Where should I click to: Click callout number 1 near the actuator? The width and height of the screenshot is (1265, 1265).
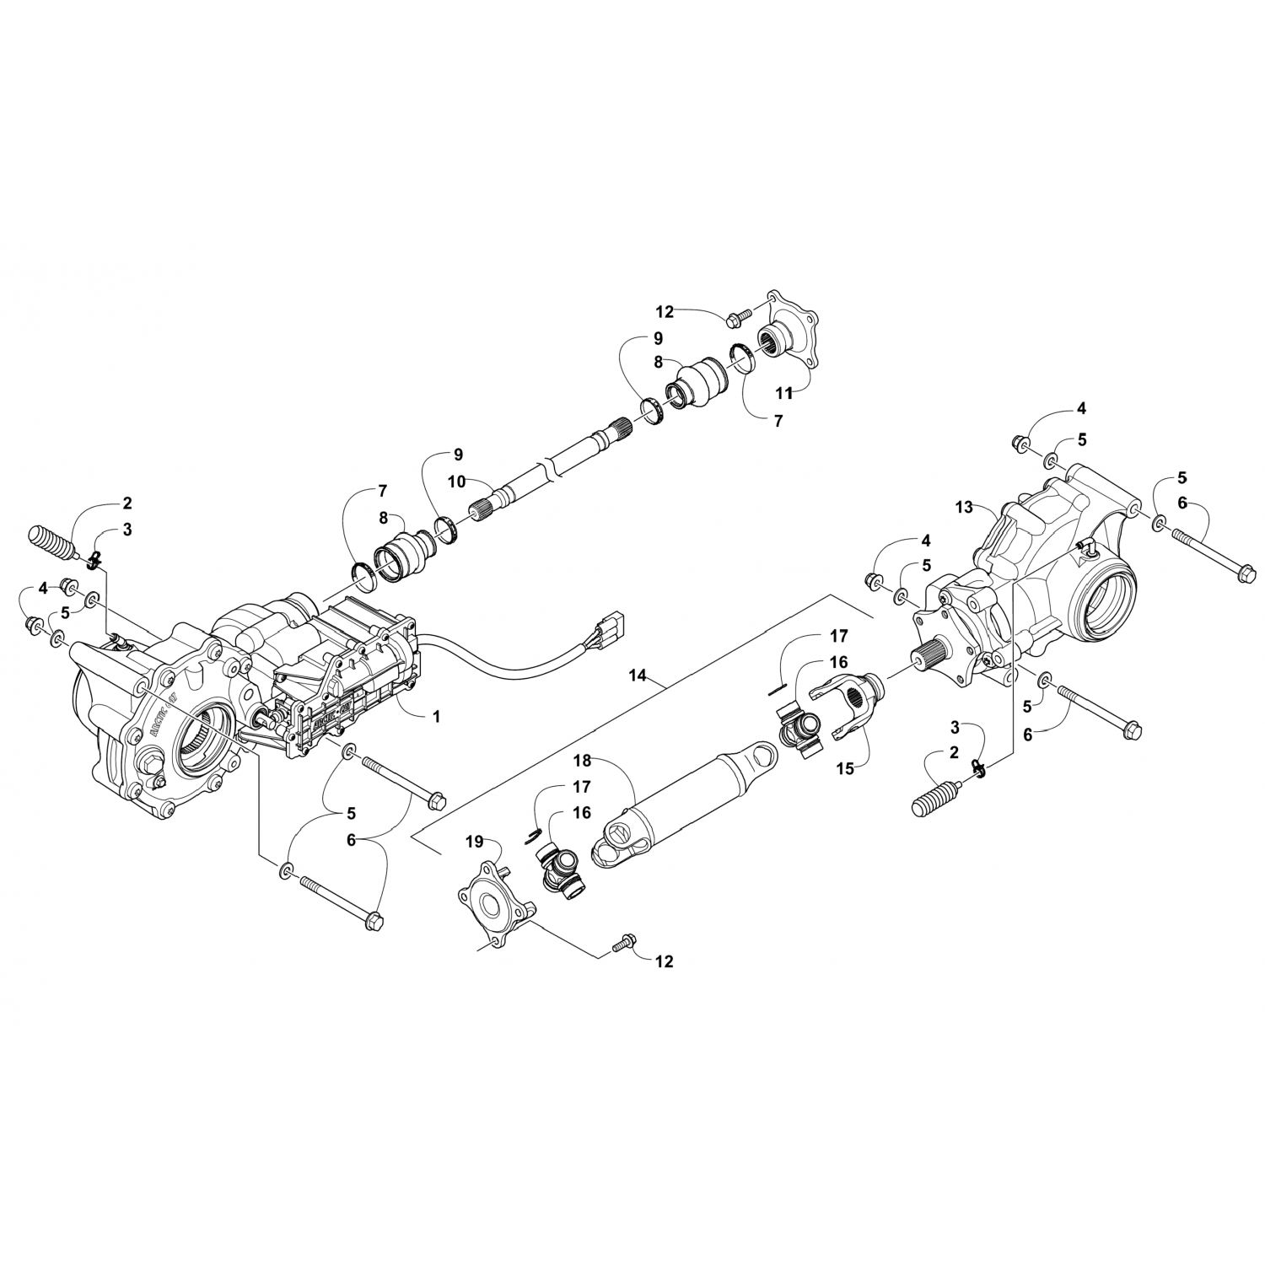coord(436,716)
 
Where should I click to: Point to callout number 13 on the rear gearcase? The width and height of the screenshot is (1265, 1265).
coord(965,507)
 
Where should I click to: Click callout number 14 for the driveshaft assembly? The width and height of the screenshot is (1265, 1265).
coord(638,675)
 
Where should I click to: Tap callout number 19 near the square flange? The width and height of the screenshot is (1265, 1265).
coord(475,841)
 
